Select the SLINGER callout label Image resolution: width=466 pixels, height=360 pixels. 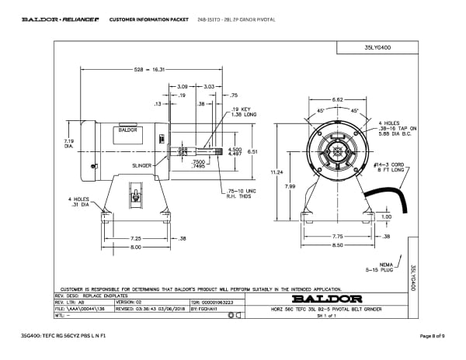click(x=141, y=165)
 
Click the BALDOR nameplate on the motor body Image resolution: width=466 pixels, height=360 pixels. click(x=127, y=130)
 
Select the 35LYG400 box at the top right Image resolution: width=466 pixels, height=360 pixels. click(x=376, y=47)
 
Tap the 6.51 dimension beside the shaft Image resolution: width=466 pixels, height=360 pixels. click(x=252, y=152)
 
